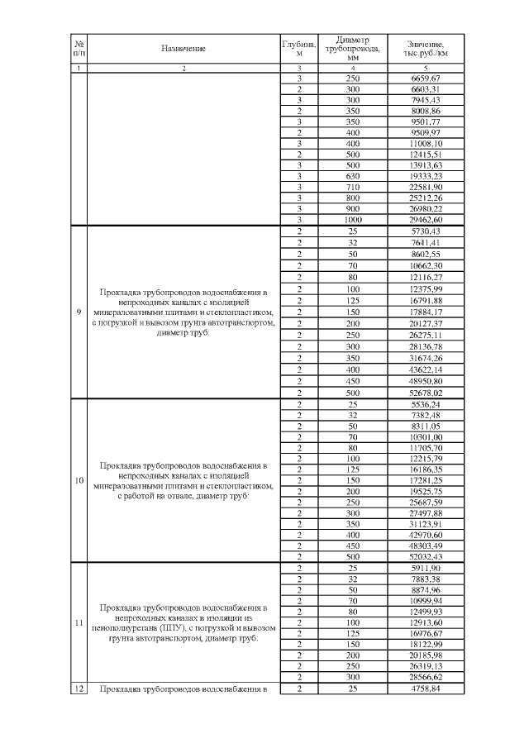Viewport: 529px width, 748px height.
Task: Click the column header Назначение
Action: (183, 48)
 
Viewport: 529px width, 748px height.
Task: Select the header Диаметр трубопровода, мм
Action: (353, 48)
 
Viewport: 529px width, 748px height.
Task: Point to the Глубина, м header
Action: (300, 48)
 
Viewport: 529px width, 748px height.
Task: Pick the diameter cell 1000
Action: (353, 220)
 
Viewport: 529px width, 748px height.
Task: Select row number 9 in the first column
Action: (79, 312)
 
